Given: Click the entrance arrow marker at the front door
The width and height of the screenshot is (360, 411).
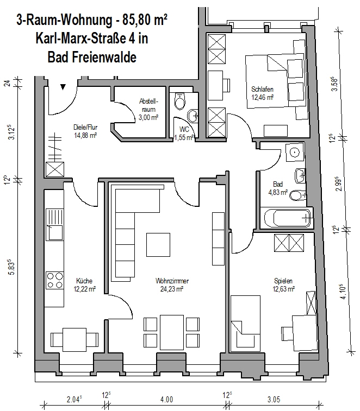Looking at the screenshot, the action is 63,87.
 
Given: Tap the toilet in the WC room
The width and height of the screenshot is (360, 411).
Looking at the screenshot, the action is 180,101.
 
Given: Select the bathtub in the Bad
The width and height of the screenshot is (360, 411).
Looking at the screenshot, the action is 288,218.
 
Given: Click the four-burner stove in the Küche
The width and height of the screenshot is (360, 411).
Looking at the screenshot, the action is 55,281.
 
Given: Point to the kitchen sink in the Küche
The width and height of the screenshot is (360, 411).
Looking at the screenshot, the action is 55,225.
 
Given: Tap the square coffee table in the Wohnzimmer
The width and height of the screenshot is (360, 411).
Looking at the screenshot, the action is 158,244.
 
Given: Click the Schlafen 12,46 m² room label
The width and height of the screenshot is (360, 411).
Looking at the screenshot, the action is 262,93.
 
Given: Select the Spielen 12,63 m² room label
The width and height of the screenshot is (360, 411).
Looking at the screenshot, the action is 283,285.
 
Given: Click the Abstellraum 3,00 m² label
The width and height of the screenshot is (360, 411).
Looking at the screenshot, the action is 148,109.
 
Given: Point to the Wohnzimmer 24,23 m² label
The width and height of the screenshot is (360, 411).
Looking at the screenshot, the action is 172,285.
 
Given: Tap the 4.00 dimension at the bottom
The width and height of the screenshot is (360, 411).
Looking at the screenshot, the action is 166,400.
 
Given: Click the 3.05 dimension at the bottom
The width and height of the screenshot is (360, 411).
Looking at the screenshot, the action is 274,400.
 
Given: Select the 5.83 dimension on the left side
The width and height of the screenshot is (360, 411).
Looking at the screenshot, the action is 12,267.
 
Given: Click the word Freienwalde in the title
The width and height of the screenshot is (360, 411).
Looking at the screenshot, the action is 104,57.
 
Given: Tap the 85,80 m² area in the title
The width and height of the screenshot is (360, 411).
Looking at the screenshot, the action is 145,20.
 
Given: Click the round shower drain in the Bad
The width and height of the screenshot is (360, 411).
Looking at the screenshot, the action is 295,152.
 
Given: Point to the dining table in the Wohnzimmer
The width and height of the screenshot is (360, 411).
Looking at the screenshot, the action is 172,332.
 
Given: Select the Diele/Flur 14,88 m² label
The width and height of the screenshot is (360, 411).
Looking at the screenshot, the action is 85,131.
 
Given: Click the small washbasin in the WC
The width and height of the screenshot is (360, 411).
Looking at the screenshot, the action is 193,116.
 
